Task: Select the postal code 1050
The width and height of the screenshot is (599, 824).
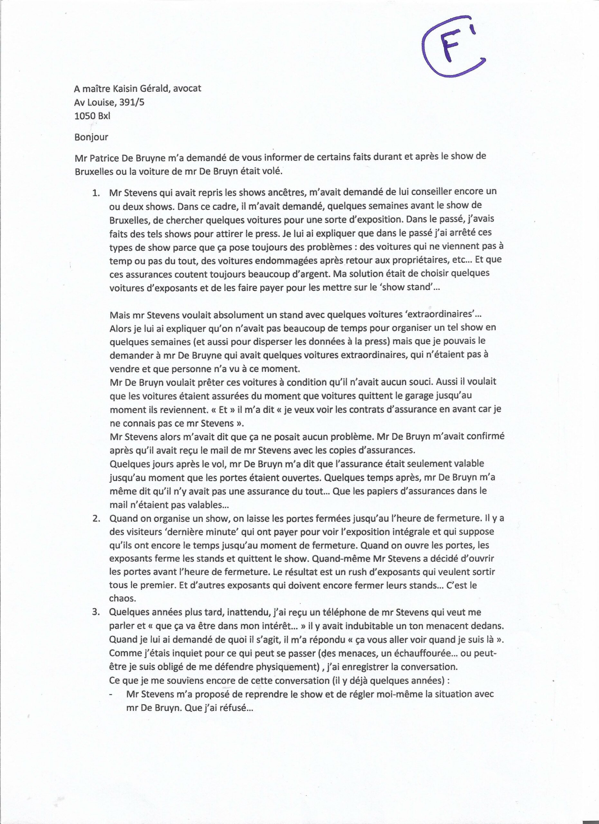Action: [85, 117]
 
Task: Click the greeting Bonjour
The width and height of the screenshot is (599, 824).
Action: [91, 137]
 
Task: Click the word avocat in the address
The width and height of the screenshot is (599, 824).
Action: [187, 89]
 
